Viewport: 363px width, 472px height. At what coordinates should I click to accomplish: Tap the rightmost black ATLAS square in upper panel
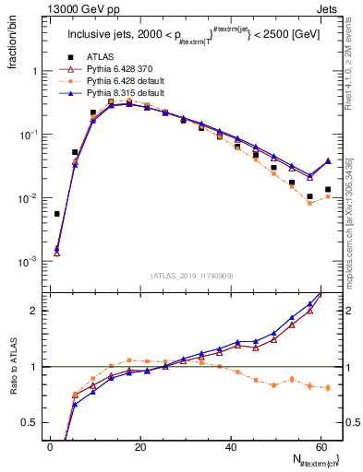tap(328, 189)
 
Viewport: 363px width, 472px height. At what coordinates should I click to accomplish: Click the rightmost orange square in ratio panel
tap(328, 387)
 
